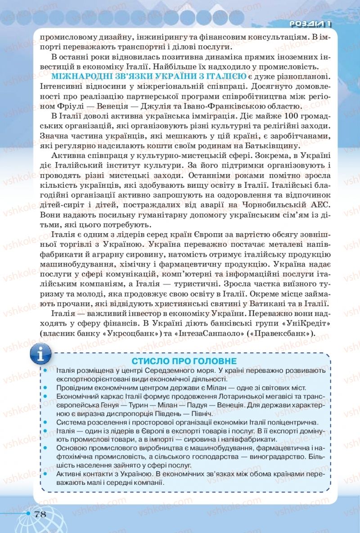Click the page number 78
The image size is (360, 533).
click(x=40, y=515)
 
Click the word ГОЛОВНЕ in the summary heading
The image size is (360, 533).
click(x=213, y=361)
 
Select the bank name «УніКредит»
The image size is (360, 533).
click(x=292, y=323)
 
